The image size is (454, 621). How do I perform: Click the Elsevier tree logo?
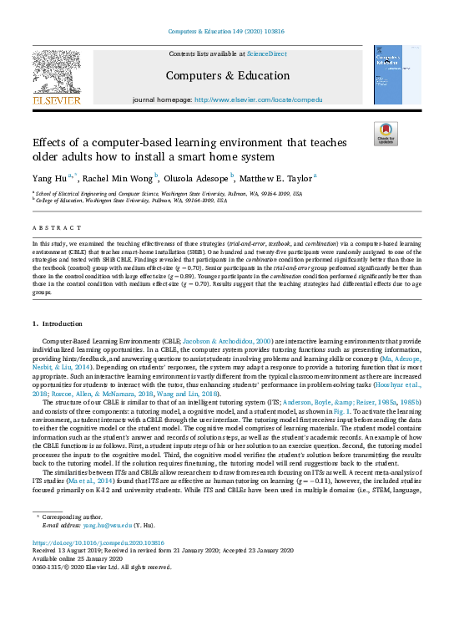(56, 75)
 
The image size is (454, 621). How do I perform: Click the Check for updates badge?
(386, 133)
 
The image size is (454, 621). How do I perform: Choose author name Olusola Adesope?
(200, 178)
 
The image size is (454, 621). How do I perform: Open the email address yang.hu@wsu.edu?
(108, 525)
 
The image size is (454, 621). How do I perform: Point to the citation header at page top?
(227, 31)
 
